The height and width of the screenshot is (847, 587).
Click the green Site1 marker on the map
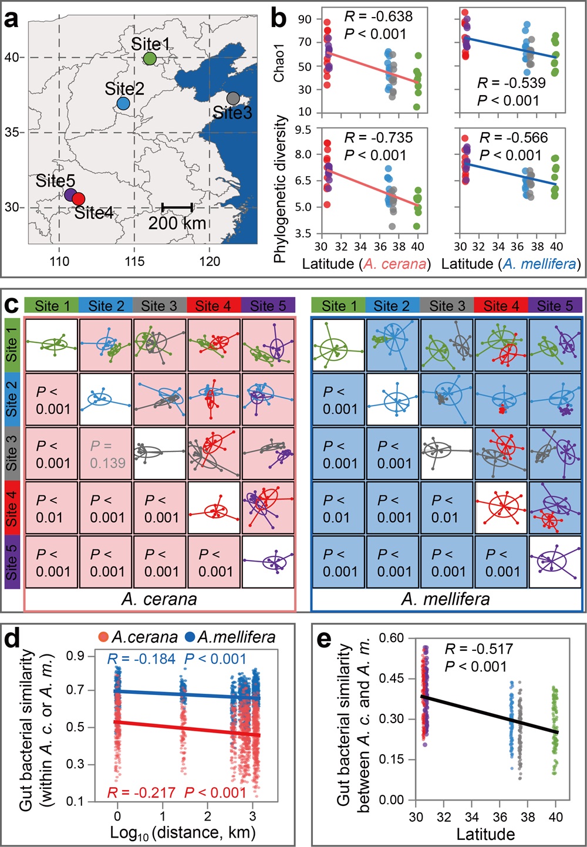pos(150,58)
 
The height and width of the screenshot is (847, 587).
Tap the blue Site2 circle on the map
pos(123,103)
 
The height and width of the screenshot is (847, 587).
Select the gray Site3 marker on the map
pos(233,98)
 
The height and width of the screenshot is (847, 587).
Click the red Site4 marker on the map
pos(79,199)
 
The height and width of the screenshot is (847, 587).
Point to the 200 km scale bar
pos(177,207)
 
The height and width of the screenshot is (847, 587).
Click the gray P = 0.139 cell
pos(107,454)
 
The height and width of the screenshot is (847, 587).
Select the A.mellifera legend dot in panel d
pos(190,637)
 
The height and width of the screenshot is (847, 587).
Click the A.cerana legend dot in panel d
pos(104,637)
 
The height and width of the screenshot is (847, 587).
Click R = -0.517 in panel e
pos(478,649)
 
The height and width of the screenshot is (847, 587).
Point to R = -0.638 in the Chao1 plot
pos(378,16)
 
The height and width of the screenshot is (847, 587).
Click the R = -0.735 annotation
pos(378,138)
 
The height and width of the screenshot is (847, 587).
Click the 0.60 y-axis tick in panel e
pos(392,638)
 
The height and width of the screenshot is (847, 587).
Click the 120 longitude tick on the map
pos(210,261)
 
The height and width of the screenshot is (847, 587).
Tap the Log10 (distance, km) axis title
pos(183,833)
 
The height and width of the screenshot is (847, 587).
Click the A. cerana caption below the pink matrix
pos(159,599)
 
